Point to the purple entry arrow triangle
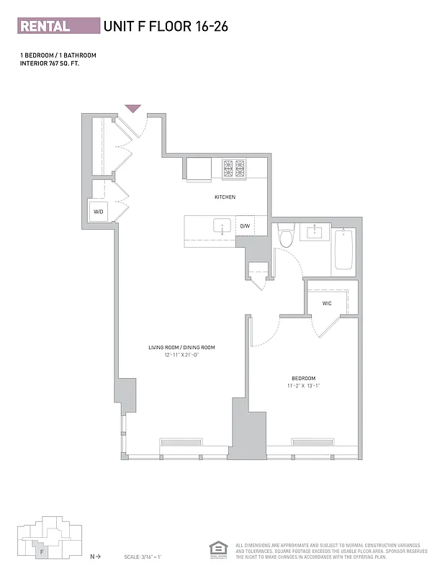[132, 109]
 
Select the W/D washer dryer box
[99, 212]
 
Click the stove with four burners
[233, 168]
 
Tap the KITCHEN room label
[225, 197]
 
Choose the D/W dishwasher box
[245, 226]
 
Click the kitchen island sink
[222, 226]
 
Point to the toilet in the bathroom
[286, 237]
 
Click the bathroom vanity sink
[315, 233]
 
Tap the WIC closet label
[326, 304]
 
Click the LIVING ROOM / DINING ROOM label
[181, 348]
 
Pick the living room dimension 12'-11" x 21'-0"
[181, 355]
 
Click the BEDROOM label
[303, 379]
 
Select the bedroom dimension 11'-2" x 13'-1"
[303, 386]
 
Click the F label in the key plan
[43, 552]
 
